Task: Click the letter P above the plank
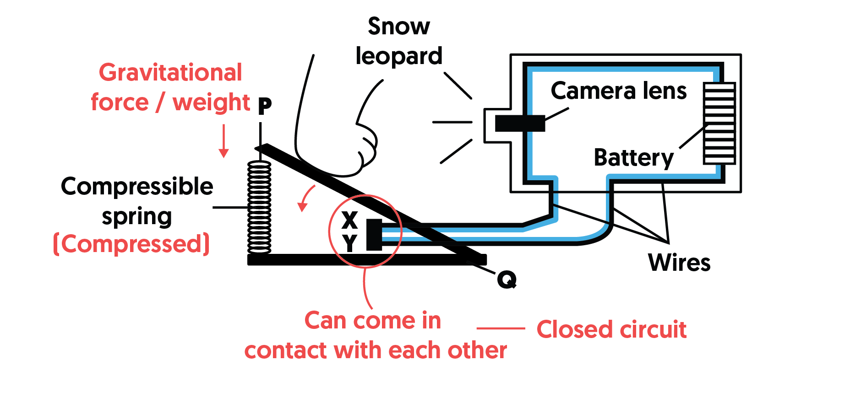pos(265,106)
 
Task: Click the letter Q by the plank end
pos(507,279)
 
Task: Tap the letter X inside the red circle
pos(349,220)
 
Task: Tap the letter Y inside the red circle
pos(349,242)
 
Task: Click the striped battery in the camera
pos(719,123)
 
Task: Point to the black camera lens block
pos(520,123)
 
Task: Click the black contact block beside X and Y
pos(374,234)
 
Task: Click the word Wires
pos(679,263)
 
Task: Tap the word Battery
pos(633,158)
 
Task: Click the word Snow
pos(399,27)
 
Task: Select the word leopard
pos(399,56)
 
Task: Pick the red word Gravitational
pos(170,73)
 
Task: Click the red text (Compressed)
pos(131,244)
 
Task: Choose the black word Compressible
pos(137,186)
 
